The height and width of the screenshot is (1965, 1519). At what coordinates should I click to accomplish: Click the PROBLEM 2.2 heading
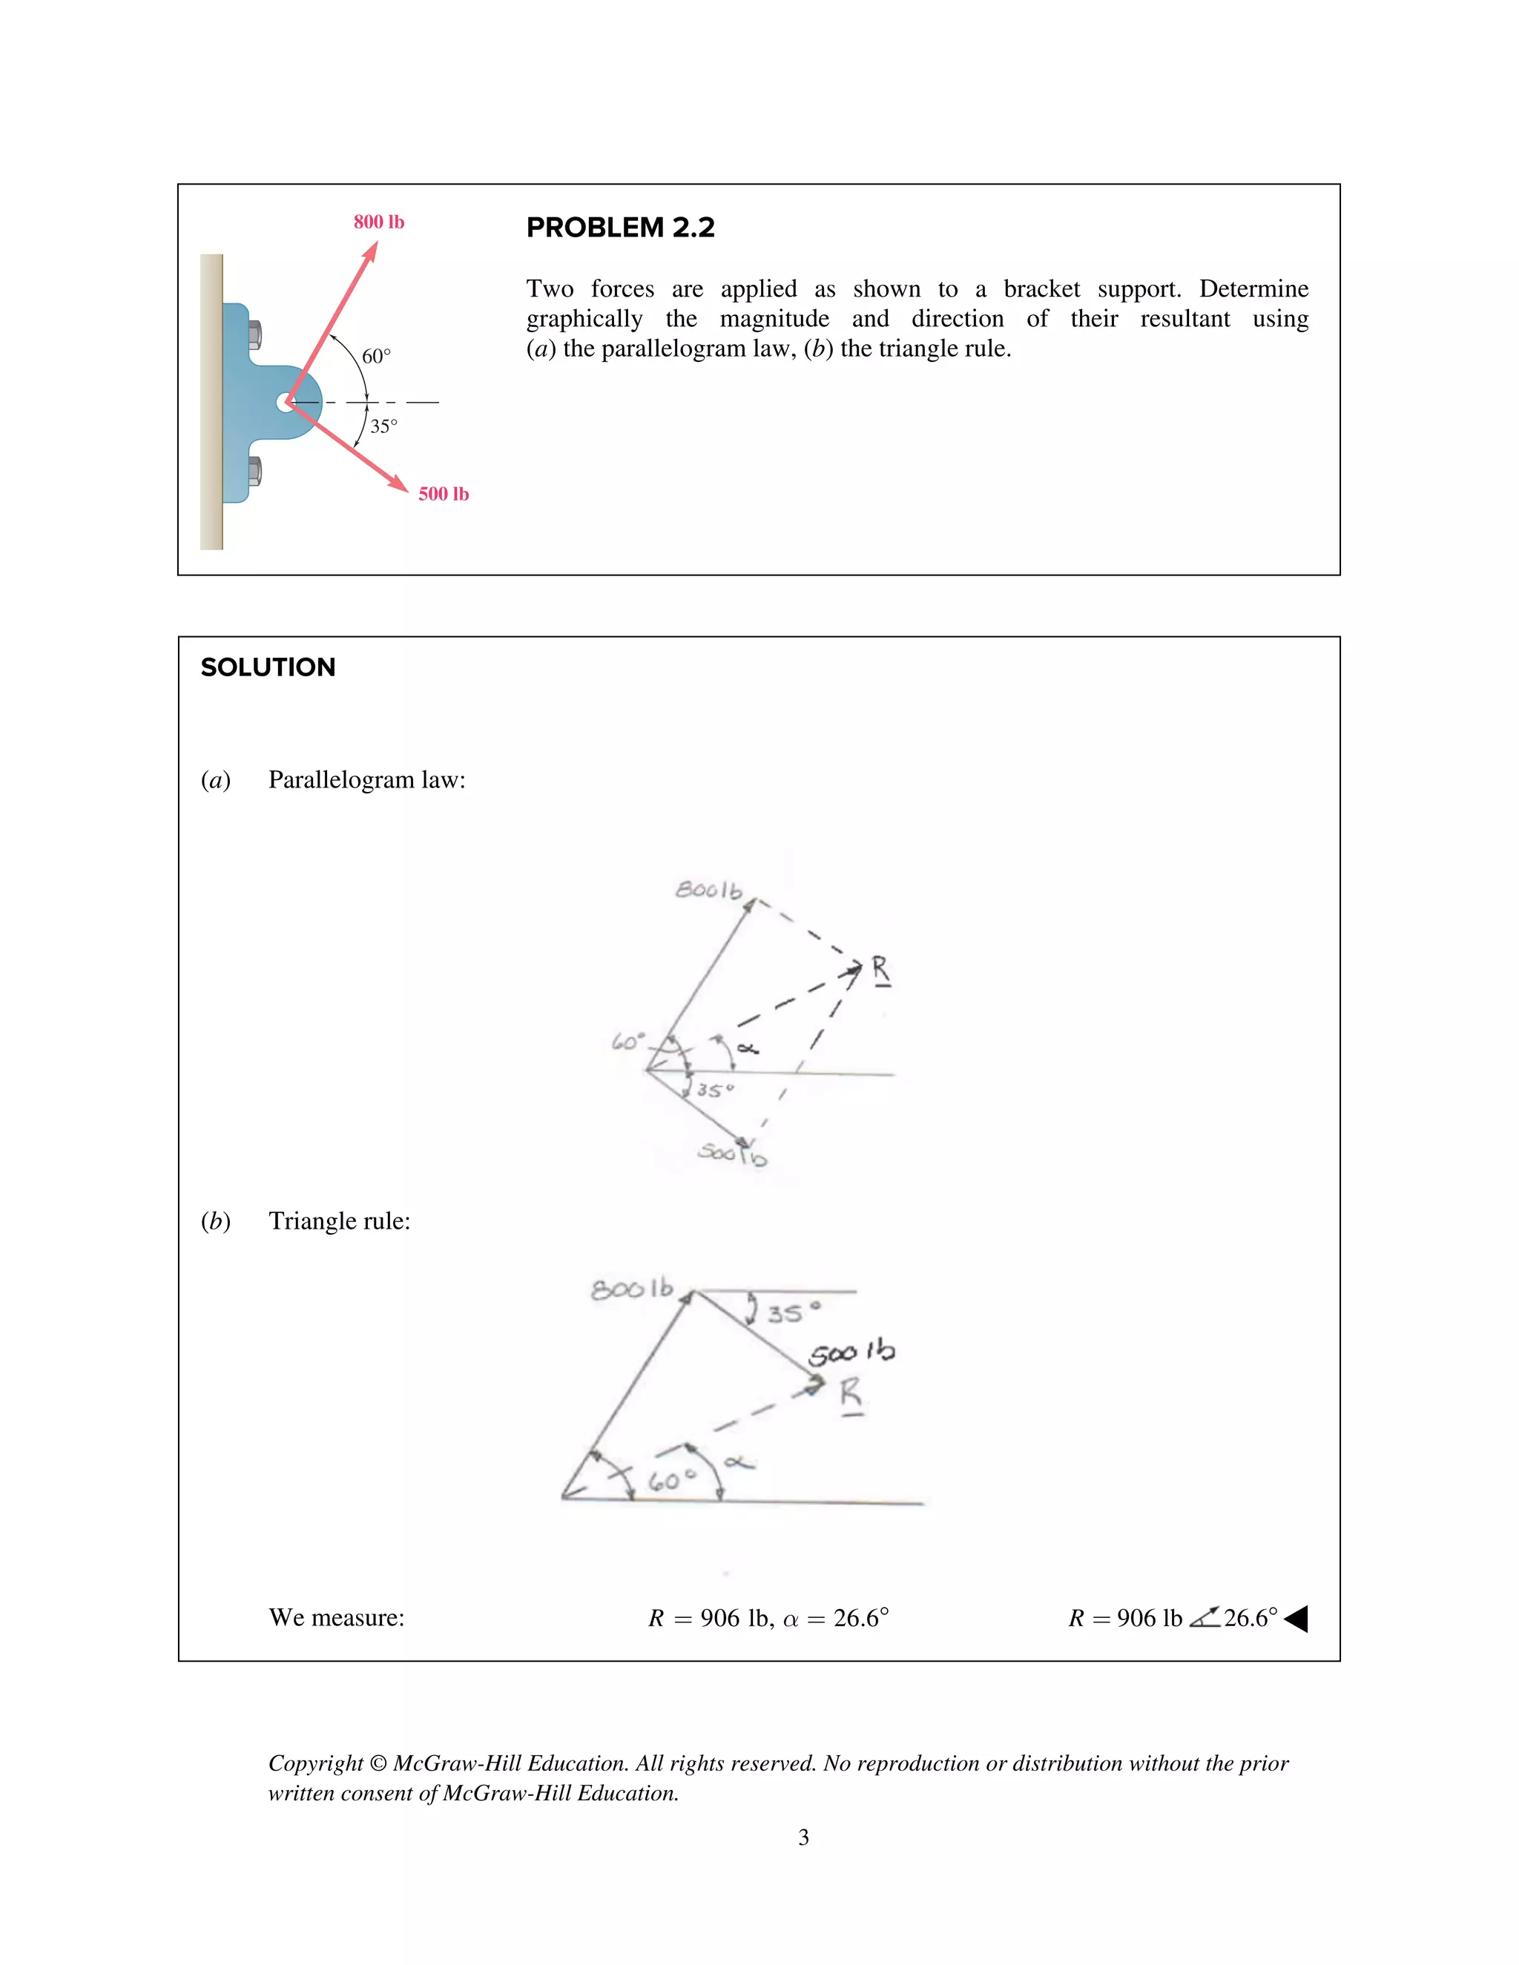[x=620, y=228]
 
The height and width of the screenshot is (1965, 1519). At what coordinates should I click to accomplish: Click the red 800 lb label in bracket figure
[x=379, y=222]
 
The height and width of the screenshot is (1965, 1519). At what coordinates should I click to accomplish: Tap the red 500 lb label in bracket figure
[x=443, y=494]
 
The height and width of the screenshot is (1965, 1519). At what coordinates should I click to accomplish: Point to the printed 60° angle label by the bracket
[x=376, y=356]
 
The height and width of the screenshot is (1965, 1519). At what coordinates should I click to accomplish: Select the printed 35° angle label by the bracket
[x=383, y=426]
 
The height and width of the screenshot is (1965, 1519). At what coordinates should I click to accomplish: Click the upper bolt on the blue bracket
[x=254, y=334]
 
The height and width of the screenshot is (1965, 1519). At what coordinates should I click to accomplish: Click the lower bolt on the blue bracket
[x=254, y=472]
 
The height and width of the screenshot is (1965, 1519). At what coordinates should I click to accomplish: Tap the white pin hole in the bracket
[x=286, y=402]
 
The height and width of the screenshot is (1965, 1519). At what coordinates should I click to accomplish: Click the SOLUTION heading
[x=268, y=667]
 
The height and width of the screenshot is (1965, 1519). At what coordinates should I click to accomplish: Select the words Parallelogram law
[x=366, y=779]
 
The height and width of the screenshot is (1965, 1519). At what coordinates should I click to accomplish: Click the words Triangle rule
[x=339, y=1221]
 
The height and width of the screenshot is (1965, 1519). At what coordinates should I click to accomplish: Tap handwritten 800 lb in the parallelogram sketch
[x=709, y=890]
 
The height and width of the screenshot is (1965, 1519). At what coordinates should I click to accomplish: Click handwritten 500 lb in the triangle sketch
[x=851, y=1353]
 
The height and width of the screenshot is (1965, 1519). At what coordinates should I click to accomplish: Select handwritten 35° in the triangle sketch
[x=793, y=1312]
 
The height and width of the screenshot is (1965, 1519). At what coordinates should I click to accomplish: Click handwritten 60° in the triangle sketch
[x=672, y=1480]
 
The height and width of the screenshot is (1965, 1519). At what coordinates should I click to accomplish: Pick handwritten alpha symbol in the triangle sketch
[x=739, y=1462]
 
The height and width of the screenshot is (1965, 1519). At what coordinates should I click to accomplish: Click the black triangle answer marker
[x=1296, y=1619]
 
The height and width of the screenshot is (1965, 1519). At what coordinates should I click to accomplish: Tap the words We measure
[x=337, y=1618]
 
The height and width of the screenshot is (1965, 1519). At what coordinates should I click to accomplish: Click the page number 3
[x=803, y=1837]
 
